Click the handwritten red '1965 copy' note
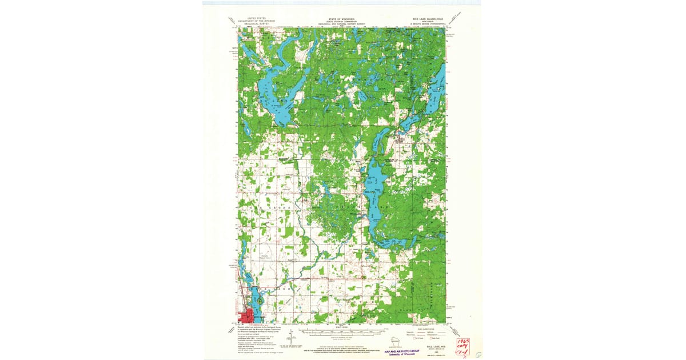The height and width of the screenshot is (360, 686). pos(462,345)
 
